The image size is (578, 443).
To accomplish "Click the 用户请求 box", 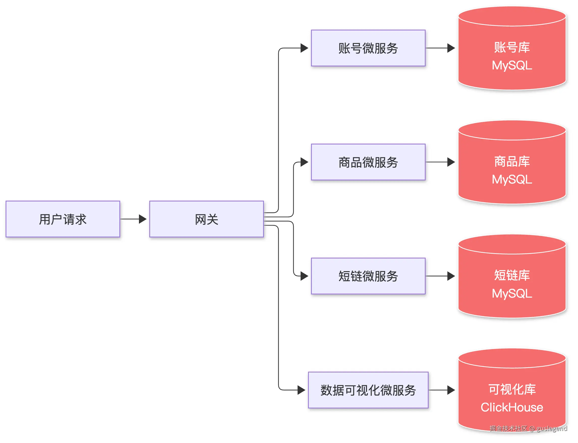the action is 63,219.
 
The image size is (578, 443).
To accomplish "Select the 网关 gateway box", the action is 207,219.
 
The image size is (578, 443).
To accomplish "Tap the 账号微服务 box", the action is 368,48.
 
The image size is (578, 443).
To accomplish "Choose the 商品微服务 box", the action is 368,162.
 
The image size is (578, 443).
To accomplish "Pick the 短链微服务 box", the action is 368,276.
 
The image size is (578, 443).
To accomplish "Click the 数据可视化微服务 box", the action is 368,390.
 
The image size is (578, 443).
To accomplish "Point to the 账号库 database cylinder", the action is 512,48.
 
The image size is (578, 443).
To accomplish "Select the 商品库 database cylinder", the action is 512,162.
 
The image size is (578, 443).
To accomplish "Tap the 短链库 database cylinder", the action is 512,276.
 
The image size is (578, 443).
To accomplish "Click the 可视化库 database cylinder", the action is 512,390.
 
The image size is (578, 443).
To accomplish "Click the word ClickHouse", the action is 512,407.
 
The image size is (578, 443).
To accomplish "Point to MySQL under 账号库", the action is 512,65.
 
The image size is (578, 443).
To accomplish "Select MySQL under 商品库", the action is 512,179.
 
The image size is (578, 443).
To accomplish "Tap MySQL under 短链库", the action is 512,294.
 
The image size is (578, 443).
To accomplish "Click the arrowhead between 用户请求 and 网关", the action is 143,219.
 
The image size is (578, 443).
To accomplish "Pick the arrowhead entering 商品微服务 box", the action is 305,162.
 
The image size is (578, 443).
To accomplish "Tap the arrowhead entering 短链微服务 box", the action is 305,276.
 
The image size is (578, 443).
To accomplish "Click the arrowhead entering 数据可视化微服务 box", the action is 302,390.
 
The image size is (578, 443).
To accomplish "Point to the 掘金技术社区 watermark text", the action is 508,429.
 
